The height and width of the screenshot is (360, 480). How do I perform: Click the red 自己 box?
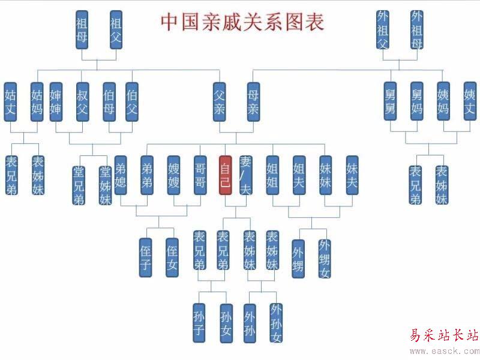pyautogui.click(x=225, y=175)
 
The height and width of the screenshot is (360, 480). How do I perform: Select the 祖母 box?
pyautogui.click(x=83, y=29)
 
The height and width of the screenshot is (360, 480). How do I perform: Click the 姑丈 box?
pyautogui.click(x=10, y=101)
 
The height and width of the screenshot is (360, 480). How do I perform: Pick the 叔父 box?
pyautogui.click(x=82, y=101)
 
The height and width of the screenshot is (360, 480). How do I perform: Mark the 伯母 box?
pyautogui.click(x=109, y=101)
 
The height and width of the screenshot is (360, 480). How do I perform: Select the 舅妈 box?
pyautogui.click(x=417, y=101)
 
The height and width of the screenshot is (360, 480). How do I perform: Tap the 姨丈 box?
pyautogui.click(x=470, y=101)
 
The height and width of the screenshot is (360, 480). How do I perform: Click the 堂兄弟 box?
pyautogui.click(x=79, y=185)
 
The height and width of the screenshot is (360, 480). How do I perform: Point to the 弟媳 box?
pyautogui.click(x=121, y=175)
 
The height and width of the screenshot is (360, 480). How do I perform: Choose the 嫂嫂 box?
pyautogui.click(x=174, y=175)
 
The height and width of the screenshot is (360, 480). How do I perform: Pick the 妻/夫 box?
pyautogui.click(x=245, y=175)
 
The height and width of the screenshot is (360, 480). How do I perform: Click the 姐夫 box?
pyautogui.click(x=299, y=175)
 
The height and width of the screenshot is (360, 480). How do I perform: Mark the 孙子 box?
pyautogui.click(x=199, y=322)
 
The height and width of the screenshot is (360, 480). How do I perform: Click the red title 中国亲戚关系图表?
pyautogui.click(x=242, y=22)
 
